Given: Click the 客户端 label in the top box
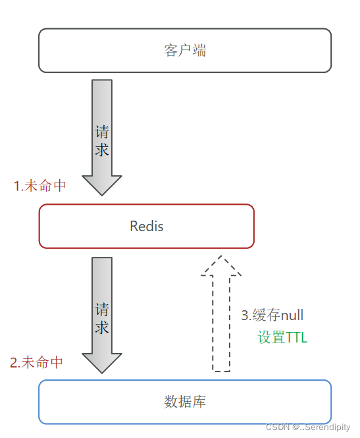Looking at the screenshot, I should pyautogui.click(x=185, y=51).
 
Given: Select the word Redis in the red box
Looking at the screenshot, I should pyautogui.click(x=146, y=227).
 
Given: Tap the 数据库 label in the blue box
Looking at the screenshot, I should pyautogui.click(x=185, y=401).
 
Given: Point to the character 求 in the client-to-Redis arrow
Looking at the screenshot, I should pyautogui.click(x=102, y=150).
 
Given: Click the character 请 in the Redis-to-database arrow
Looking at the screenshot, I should pyautogui.click(x=102, y=309).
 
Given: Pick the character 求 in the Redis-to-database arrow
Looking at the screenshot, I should pyautogui.click(x=102, y=327).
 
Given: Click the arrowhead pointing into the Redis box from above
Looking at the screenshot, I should pyautogui.click(x=102, y=184).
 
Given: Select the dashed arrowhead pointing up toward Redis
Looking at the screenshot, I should pyautogui.click(x=222, y=265).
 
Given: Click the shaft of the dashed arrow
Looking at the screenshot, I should pyautogui.click(x=222, y=323).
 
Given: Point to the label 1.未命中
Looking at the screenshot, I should pyautogui.click(x=40, y=186).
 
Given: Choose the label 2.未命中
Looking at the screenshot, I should pyautogui.click(x=37, y=362).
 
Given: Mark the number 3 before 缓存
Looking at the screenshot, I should pyautogui.click(x=244, y=315).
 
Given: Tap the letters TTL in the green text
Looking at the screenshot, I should pyautogui.click(x=296, y=338).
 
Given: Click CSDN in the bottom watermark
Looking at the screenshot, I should pyautogui.click(x=277, y=427).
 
